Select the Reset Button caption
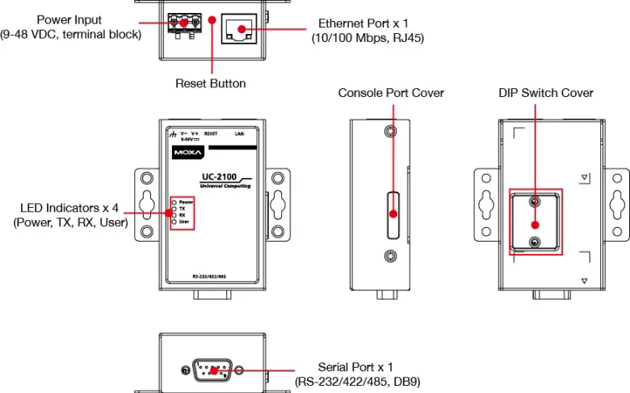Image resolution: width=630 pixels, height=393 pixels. (211, 83)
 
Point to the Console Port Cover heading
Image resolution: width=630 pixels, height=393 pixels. (391, 93)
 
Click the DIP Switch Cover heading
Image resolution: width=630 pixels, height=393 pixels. (546, 93)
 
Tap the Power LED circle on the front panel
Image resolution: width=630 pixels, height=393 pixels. (174, 201)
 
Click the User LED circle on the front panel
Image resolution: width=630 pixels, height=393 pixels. (174, 221)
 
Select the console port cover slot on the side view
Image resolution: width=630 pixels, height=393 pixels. (391, 214)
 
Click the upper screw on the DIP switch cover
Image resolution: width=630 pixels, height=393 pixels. (534, 201)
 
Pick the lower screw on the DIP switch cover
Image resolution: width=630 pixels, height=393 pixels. (534, 243)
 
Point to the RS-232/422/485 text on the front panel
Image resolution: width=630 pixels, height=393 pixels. (210, 276)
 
